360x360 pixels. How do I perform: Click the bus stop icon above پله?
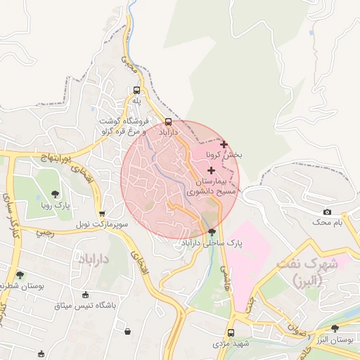[x=136, y=90]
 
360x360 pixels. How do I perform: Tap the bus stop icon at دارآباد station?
[x=167, y=121]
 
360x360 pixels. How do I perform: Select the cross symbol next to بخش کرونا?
[x=224, y=144]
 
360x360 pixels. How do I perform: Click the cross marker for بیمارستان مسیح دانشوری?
[x=211, y=170]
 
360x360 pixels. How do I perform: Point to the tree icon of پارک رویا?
[x=56, y=195]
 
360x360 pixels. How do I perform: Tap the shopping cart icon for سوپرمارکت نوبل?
[x=103, y=214]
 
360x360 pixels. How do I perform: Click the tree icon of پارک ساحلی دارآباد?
[x=212, y=233]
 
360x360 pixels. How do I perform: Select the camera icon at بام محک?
[x=327, y=212]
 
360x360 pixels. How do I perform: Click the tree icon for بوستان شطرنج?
[x=20, y=275]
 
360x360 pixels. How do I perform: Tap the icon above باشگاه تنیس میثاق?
[x=86, y=295]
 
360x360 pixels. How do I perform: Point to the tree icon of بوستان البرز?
[x=335, y=328]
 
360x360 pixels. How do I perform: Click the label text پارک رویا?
[x=56, y=207]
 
